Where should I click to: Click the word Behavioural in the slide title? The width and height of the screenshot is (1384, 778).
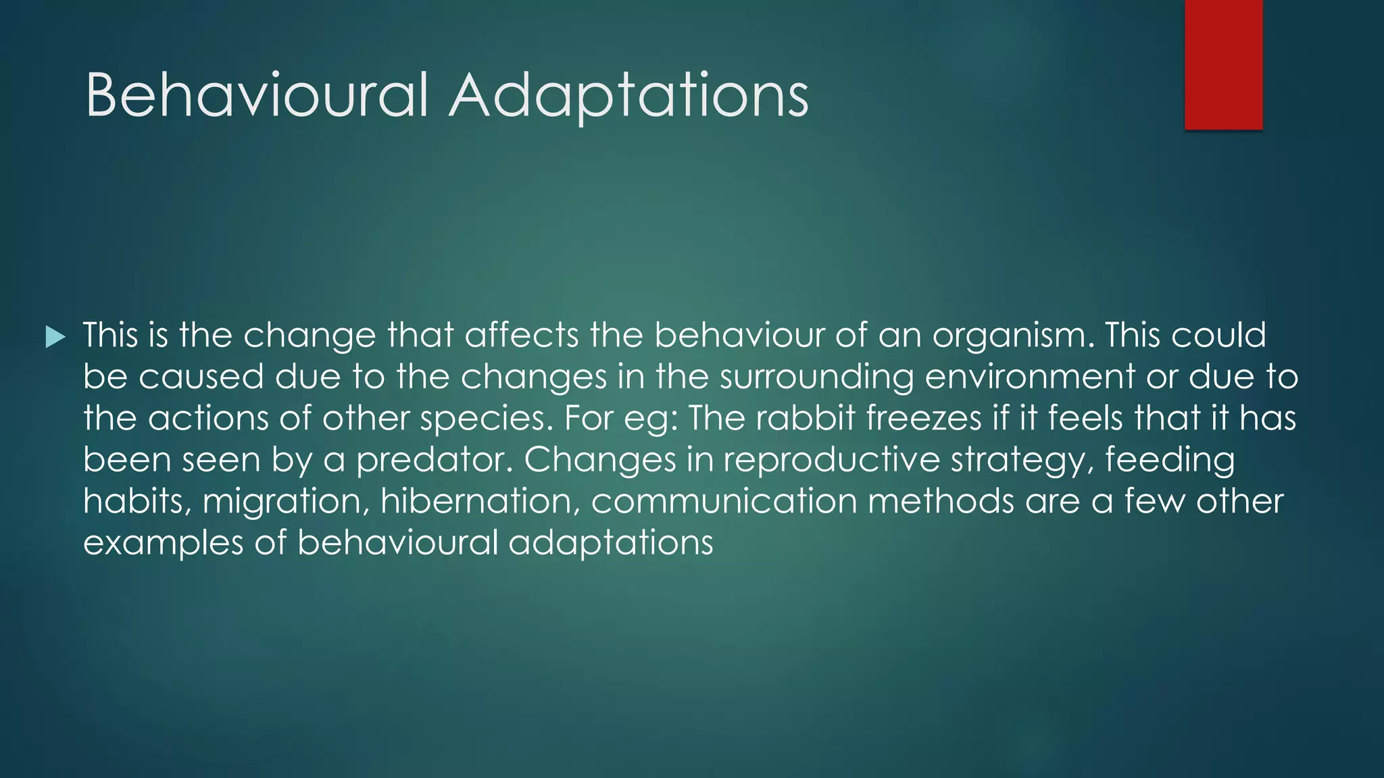pyautogui.click(x=257, y=95)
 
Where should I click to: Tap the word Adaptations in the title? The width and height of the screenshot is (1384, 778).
pyautogui.click(x=628, y=95)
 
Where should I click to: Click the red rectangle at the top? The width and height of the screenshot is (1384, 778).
pyautogui.click(x=1223, y=64)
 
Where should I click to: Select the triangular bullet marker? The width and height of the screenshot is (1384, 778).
pyautogui.click(x=55, y=336)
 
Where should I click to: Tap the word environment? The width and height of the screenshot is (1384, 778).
pyautogui.click(x=1030, y=377)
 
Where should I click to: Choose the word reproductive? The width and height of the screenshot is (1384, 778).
pyautogui.click(x=831, y=461)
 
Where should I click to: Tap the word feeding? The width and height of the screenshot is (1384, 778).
pyautogui.click(x=1170, y=461)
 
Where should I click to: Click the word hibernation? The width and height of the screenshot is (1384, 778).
pyautogui.click(x=480, y=502)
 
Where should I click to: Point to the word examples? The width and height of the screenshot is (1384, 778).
pyautogui.click(x=163, y=544)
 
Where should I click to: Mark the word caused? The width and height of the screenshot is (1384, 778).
pyautogui.click(x=201, y=378)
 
